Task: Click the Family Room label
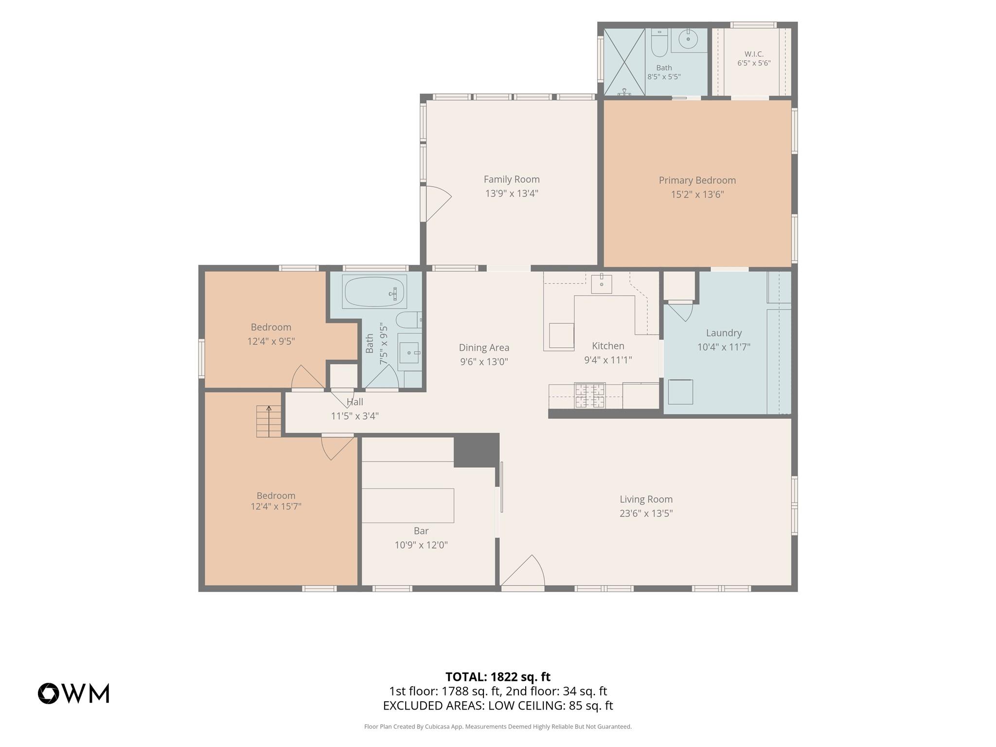click(x=512, y=179)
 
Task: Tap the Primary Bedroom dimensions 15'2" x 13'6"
click(x=697, y=195)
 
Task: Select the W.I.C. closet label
click(x=754, y=54)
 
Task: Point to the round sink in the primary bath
click(x=688, y=38)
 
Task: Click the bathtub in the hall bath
click(x=374, y=292)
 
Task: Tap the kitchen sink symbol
click(x=602, y=284)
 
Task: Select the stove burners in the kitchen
click(x=590, y=395)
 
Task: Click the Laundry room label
click(x=724, y=333)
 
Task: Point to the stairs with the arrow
click(x=269, y=421)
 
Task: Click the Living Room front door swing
click(x=523, y=573)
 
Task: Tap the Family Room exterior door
click(x=437, y=204)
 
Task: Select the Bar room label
click(x=421, y=531)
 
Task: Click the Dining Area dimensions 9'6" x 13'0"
click(x=484, y=362)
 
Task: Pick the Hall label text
click(x=355, y=402)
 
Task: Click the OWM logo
click(x=73, y=694)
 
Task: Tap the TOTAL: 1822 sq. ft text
click(x=498, y=677)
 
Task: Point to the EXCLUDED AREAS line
click(x=498, y=706)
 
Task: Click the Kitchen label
click(x=608, y=346)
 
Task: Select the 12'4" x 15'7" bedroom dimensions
click(x=276, y=507)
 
